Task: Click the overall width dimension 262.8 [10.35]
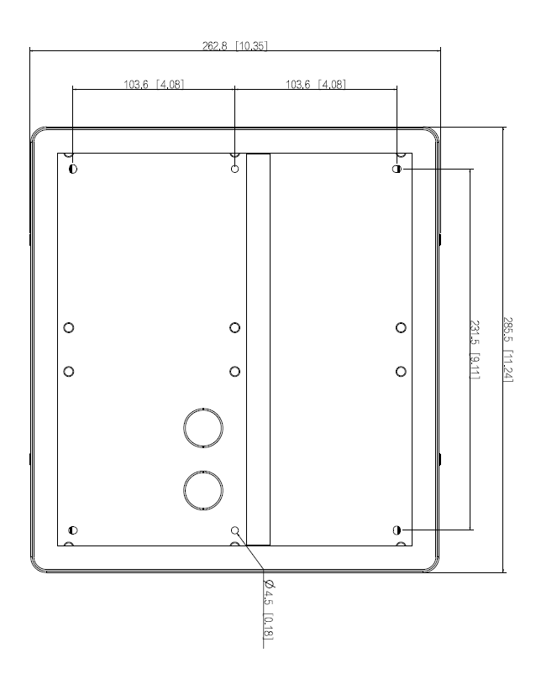[235, 46]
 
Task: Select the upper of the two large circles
[203, 426]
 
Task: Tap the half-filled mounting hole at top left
[73, 169]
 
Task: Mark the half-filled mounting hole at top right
[397, 169]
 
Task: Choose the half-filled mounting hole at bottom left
[73, 530]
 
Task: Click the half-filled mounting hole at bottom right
[397, 530]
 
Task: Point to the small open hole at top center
[234, 169]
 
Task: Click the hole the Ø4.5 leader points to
[234, 530]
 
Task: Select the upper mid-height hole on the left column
[69, 326]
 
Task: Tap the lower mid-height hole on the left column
[69, 369]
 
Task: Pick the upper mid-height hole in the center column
[234, 326]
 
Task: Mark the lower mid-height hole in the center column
[234, 369]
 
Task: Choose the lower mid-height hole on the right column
[400, 369]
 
